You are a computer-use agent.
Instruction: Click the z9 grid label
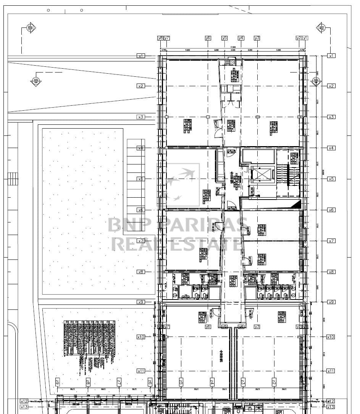[57, 382]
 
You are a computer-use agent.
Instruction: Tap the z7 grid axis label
[119, 382]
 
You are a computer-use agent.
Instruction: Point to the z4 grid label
[212, 382]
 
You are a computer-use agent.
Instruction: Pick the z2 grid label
[274, 382]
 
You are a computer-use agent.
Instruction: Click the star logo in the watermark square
[182, 184]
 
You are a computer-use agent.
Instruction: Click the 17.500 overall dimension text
[232, 47]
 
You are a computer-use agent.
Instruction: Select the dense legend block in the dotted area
[89, 343]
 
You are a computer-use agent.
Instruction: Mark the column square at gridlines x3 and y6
[208, 117]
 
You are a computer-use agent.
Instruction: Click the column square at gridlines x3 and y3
[257, 117]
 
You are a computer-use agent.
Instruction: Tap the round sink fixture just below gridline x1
[231, 63]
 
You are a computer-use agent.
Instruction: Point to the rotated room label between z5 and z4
[221, 356]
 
